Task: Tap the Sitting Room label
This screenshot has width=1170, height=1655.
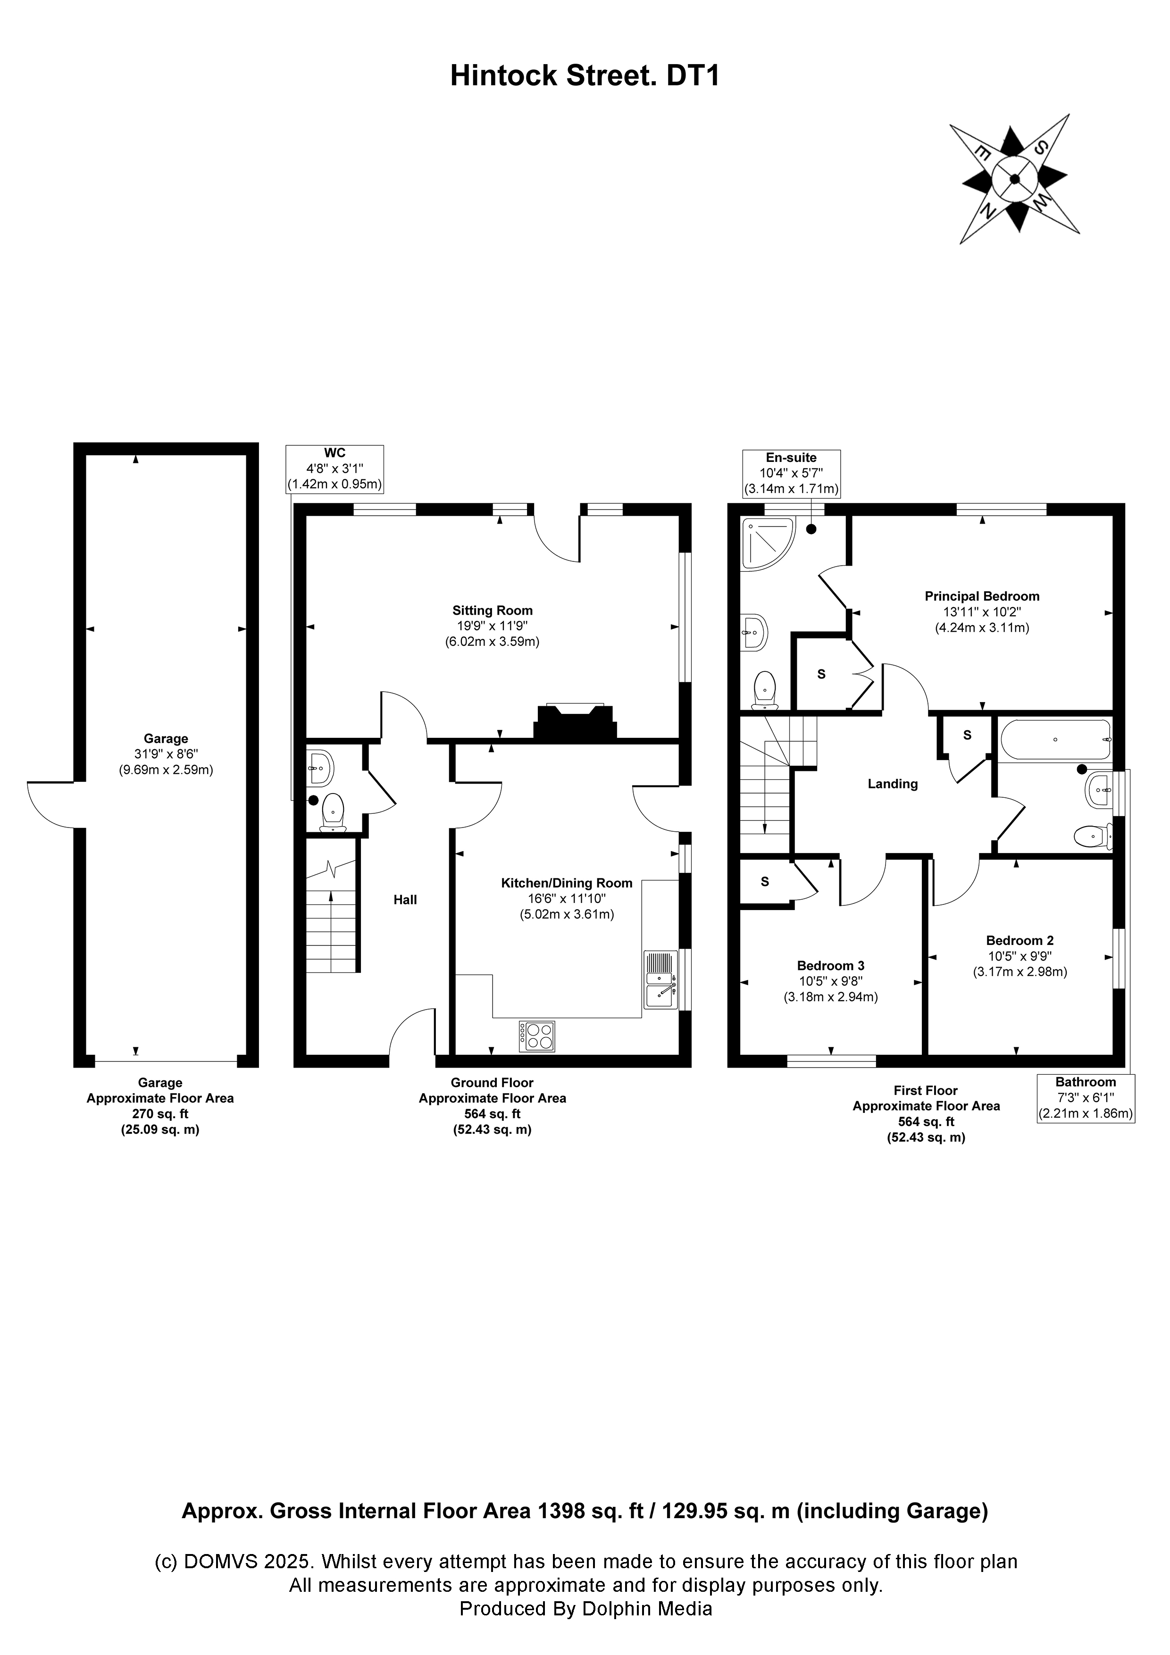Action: (x=493, y=610)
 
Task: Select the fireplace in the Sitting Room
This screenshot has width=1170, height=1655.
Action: (x=575, y=721)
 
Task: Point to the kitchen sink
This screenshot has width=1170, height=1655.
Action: (x=661, y=980)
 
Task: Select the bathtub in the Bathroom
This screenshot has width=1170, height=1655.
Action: (x=1055, y=739)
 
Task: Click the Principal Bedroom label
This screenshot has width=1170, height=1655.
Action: (x=982, y=596)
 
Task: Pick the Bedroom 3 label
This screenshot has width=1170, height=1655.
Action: (x=830, y=965)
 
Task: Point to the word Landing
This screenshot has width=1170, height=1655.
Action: (x=893, y=784)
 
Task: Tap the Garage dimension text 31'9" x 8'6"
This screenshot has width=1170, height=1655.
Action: (x=166, y=754)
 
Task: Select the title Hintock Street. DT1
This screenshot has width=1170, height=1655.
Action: (x=585, y=75)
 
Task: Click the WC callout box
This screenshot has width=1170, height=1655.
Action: (x=334, y=468)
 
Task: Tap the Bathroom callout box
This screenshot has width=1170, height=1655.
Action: (x=1085, y=1097)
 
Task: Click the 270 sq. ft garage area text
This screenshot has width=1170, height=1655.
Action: (x=160, y=1114)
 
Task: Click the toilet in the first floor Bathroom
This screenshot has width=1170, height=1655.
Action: (x=1092, y=837)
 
